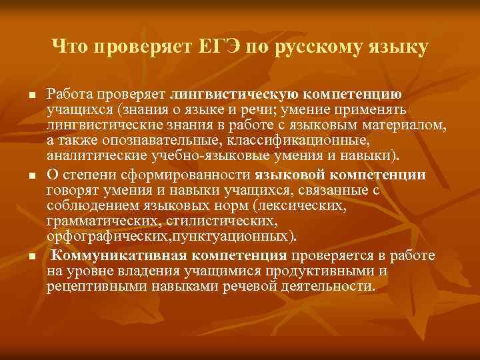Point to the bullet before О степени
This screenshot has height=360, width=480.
click(31, 175)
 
